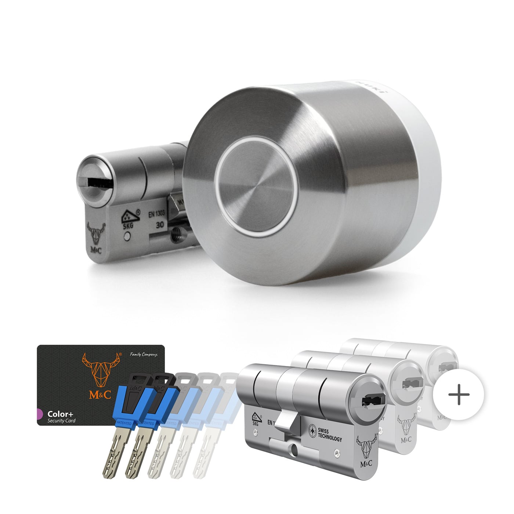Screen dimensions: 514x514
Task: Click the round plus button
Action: point(459,395)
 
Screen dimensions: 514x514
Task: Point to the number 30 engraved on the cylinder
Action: point(160,225)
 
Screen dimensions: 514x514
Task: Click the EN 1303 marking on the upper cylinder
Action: point(156,214)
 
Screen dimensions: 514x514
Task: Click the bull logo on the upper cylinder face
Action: point(96,234)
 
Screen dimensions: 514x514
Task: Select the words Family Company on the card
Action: point(144,355)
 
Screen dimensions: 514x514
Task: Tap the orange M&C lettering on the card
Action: point(100,395)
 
